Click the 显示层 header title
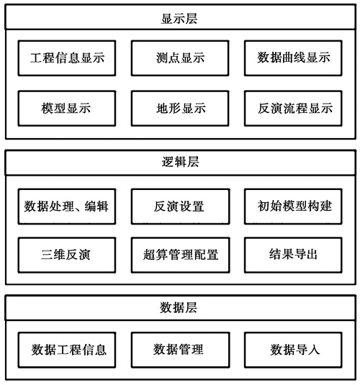coord(179,19)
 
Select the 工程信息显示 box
coord(67,58)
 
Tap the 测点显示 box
coord(180,58)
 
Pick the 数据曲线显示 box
coord(293,58)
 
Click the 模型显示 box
coord(67,108)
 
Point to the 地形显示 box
coord(180,108)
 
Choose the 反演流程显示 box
coord(293,108)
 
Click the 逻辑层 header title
coord(180,162)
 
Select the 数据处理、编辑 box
coord(67,207)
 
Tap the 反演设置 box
coord(181,207)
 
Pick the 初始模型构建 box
coord(293,207)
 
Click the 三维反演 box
coord(67,255)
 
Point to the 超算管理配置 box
coord(181,255)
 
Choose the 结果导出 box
coord(293,255)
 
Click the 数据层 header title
coord(179,308)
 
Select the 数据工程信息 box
coord(67,350)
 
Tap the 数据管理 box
coord(181,350)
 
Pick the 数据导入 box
coord(293,350)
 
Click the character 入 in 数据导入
coord(314,350)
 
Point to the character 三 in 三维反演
coord(48,255)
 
